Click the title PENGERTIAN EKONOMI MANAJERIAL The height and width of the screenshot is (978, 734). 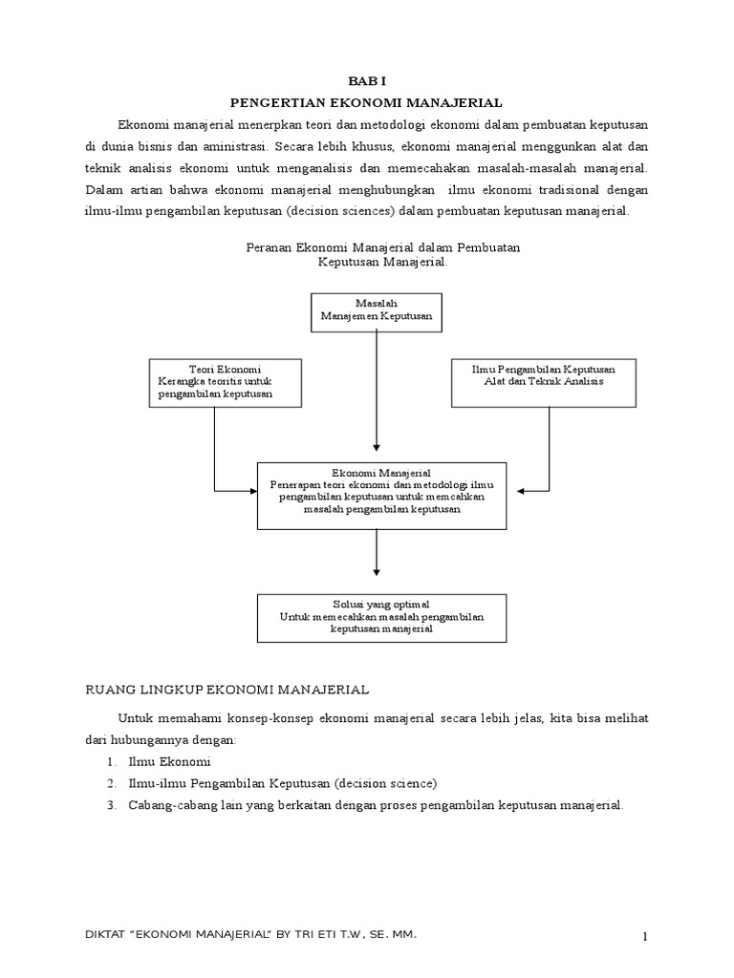(x=367, y=101)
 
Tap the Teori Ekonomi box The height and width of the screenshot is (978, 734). (x=226, y=381)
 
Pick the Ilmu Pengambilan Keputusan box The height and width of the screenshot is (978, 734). (x=544, y=381)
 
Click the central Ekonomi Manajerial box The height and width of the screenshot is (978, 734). (x=380, y=495)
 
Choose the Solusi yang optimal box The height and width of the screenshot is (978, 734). (x=380, y=617)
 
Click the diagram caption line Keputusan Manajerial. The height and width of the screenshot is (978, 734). (x=381, y=262)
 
